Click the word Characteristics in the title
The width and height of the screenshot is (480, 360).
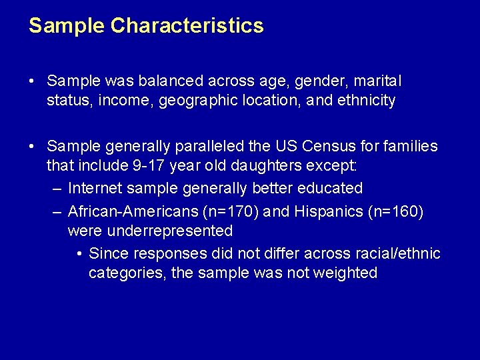[187, 26]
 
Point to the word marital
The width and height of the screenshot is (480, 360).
[377, 81]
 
